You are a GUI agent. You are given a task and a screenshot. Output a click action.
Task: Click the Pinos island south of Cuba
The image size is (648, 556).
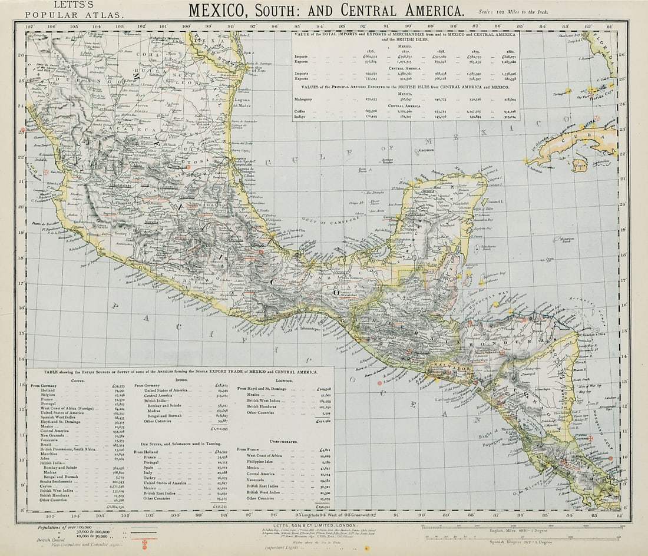click(x=581, y=168)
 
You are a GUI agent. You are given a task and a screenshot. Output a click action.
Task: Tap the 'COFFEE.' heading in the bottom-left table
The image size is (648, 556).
click(x=78, y=381)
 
